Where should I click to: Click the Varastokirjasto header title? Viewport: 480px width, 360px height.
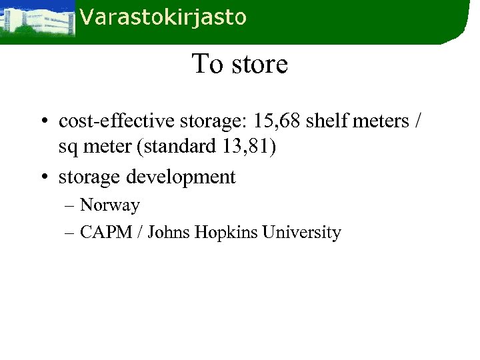point(163,18)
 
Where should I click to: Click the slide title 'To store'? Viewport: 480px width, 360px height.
point(239,64)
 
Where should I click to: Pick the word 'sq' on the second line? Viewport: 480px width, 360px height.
point(67,147)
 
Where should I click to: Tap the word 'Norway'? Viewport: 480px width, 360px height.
point(110,205)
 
